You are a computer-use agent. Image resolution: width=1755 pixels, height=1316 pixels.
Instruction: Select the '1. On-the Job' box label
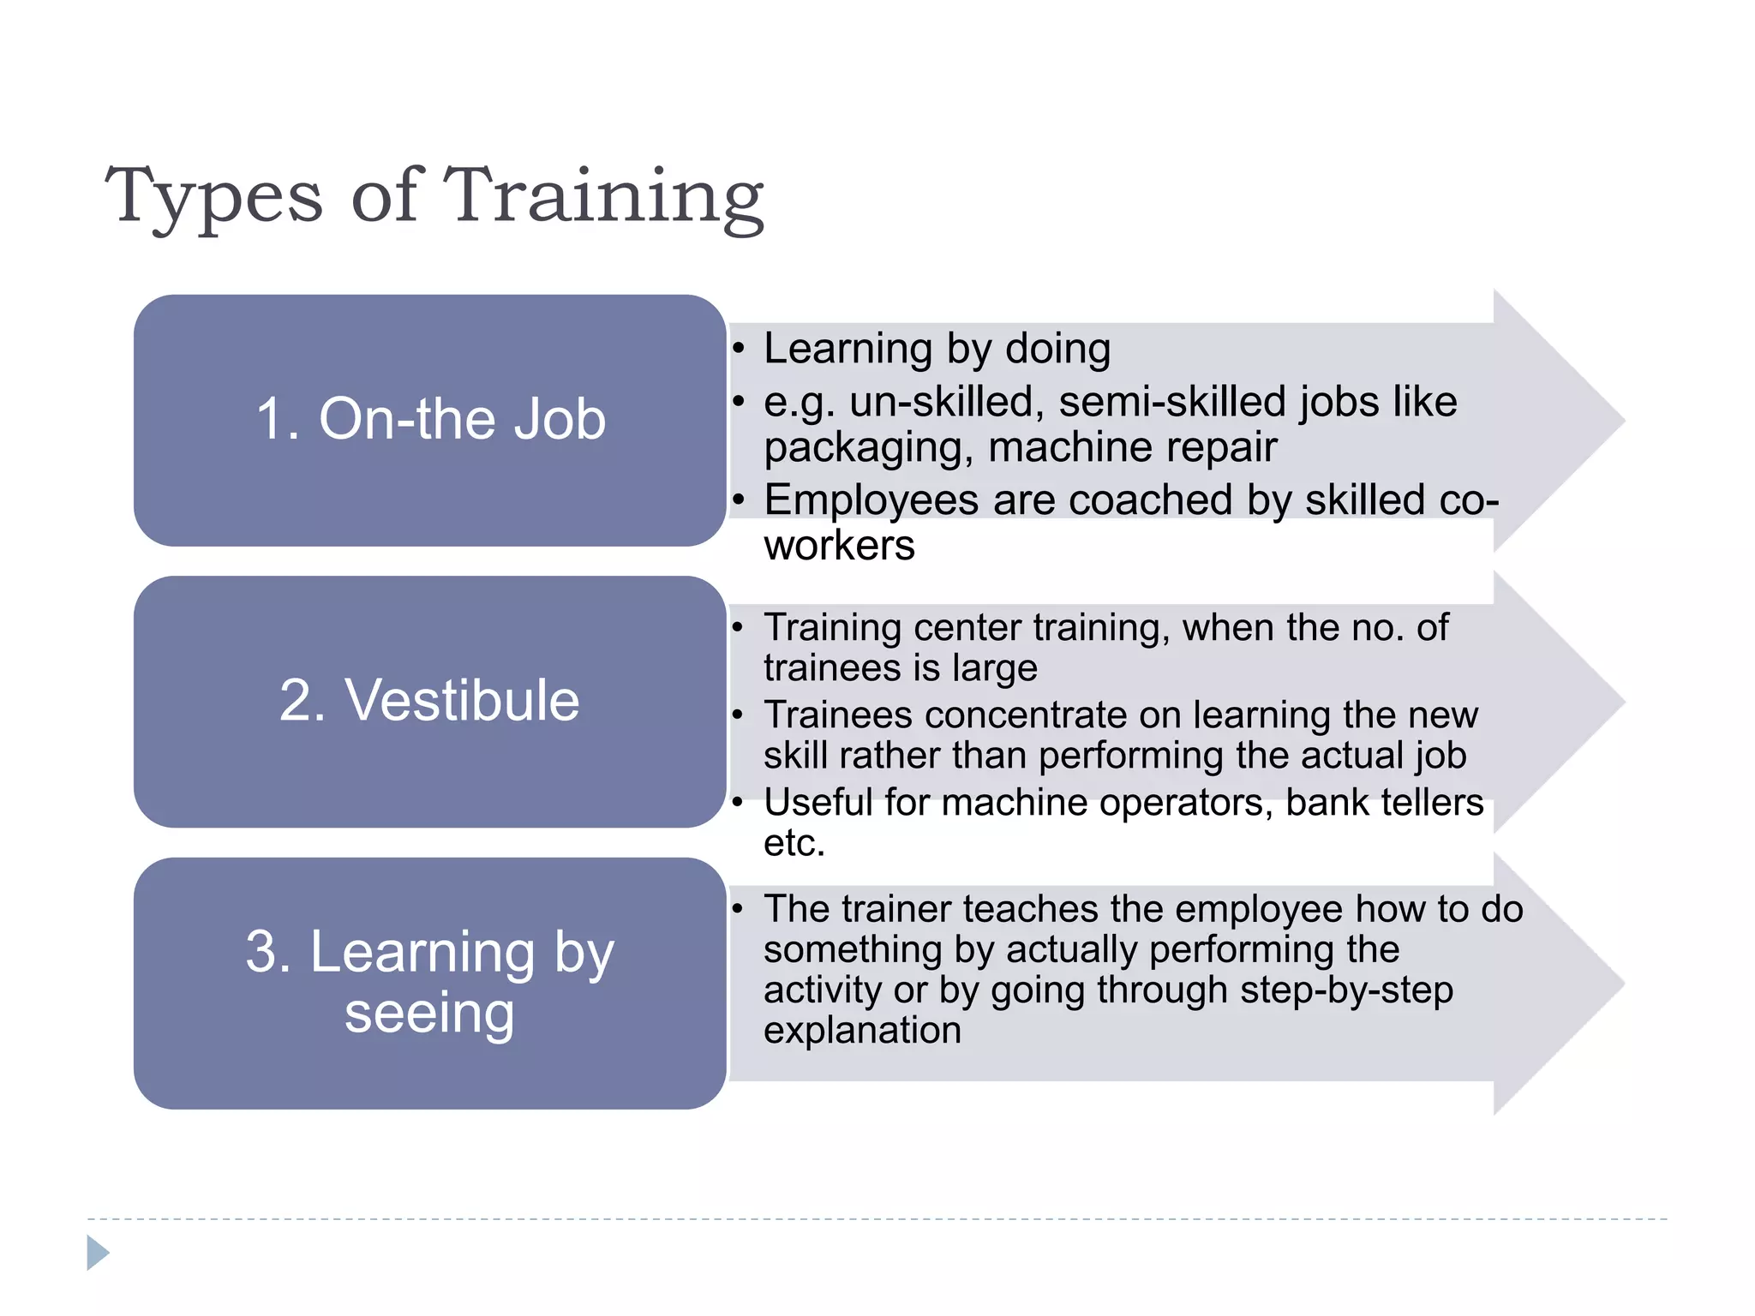[430, 419]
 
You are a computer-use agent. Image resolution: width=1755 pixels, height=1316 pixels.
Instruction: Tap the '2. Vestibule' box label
[430, 700]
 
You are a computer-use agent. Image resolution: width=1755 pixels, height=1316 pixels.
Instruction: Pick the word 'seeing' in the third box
[429, 1014]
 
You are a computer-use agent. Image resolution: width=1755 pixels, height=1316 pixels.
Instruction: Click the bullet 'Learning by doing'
[937, 350]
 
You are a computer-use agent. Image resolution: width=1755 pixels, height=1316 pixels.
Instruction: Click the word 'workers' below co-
[839, 546]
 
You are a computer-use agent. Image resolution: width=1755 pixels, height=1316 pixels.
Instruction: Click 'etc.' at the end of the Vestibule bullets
[794, 844]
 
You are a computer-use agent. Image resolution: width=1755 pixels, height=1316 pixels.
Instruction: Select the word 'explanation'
[862, 1030]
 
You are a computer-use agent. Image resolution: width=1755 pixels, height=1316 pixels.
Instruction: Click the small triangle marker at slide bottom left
[98, 1253]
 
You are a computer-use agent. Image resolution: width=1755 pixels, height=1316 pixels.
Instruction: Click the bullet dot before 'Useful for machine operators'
[738, 803]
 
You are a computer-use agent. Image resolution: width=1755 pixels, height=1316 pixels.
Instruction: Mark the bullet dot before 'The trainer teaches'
[738, 909]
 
